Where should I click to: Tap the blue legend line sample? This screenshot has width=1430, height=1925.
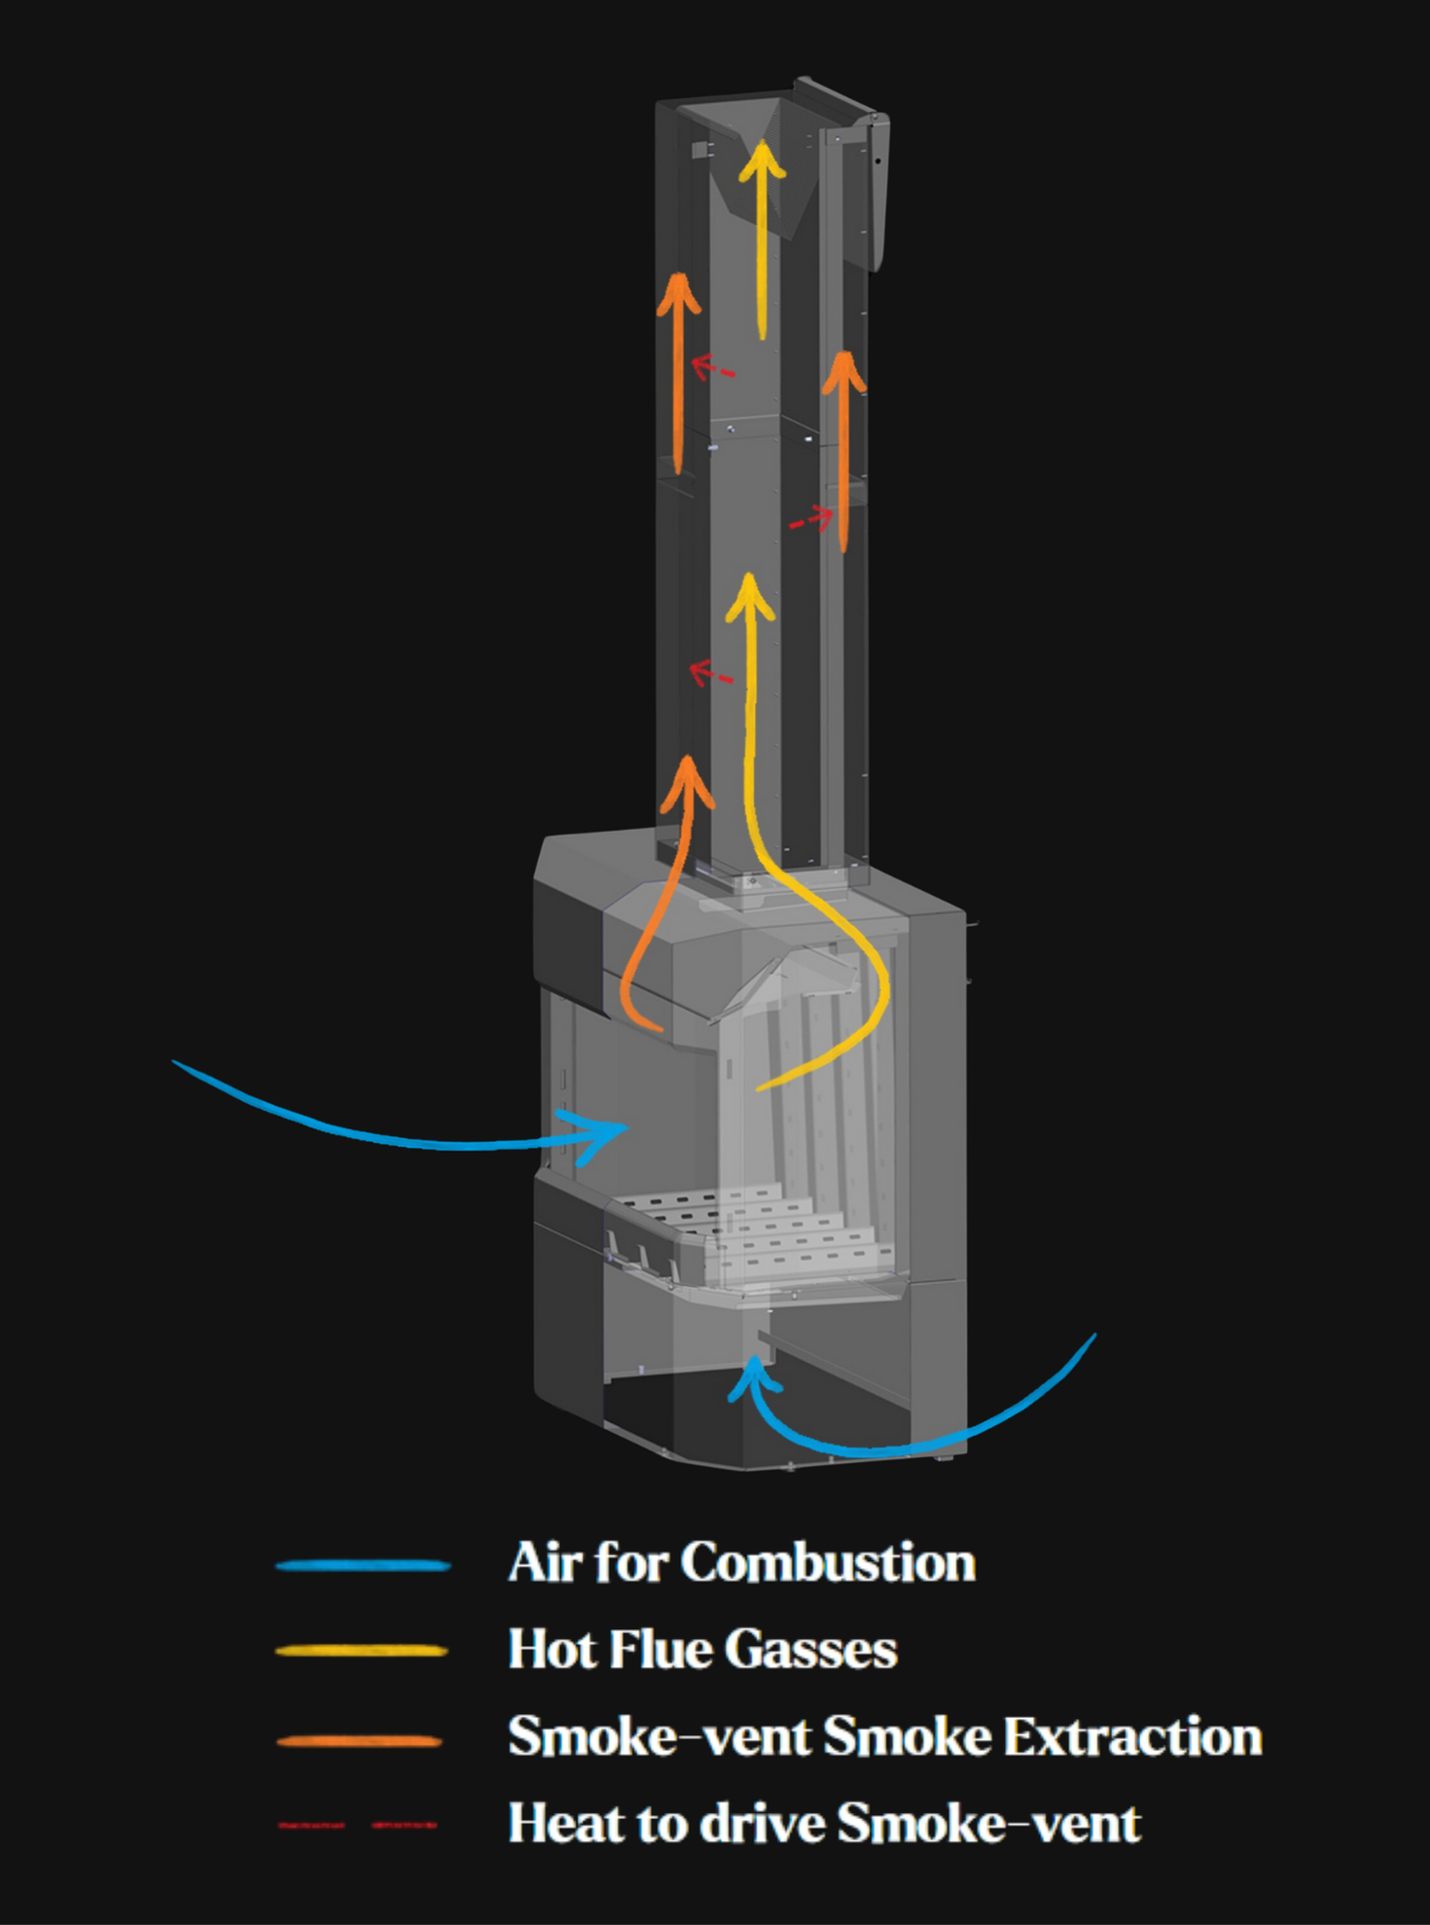[363, 1566]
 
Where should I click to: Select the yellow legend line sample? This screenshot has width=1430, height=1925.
[362, 1651]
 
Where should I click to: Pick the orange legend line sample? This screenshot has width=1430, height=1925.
[360, 1741]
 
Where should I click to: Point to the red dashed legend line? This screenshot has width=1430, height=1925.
[357, 1826]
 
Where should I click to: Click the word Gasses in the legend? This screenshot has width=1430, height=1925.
[810, 1651]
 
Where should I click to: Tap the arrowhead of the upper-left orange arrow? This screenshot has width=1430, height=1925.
[678, 291]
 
